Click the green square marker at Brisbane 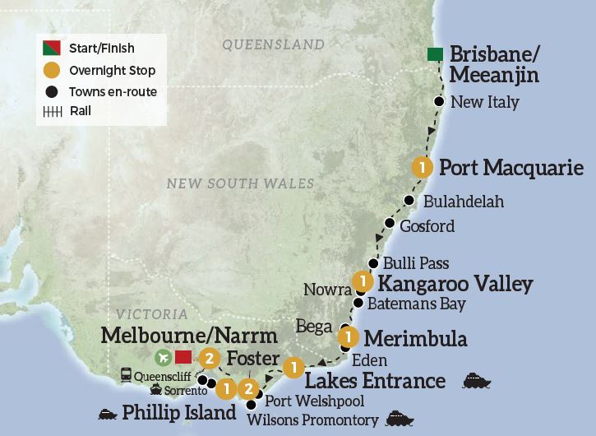tap(437, 55)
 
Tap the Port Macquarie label tap(511, 169)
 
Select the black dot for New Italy tap(440, 102)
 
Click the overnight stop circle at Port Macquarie tap(423, 167)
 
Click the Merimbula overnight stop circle tap(349, 337)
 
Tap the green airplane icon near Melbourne tap(162, 357)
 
